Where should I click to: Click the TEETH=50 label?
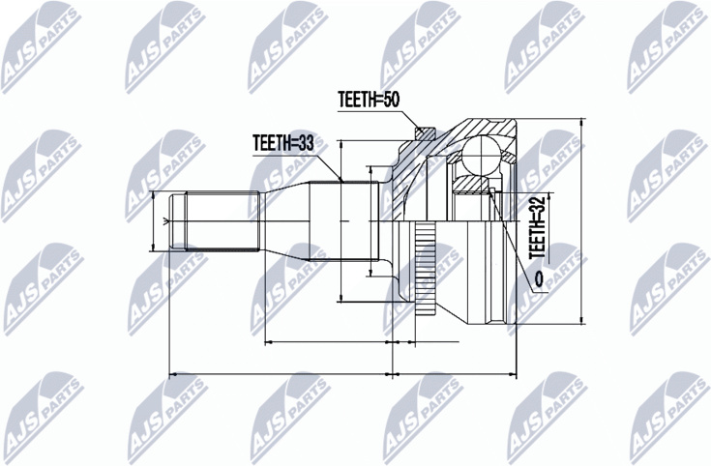369,100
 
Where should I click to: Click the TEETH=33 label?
283,143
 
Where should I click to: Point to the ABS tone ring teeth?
426,269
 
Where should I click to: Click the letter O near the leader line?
539,278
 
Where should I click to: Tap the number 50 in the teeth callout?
391,100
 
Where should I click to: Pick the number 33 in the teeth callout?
305,143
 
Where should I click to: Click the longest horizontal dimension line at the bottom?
342,374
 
